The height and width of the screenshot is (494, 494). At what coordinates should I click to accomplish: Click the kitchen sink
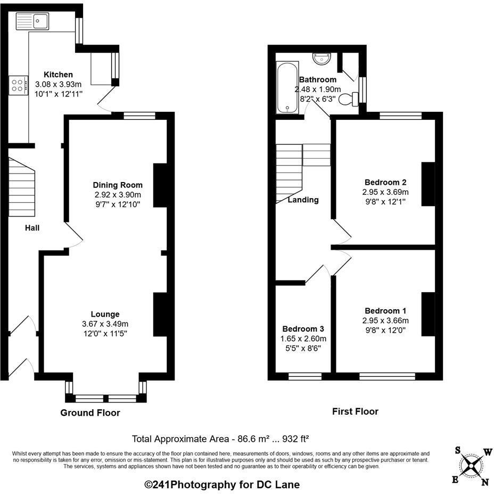coord(33,21)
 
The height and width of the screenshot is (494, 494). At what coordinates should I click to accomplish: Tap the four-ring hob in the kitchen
coord(17,85)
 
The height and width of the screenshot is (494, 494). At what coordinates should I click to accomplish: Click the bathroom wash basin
coord(322,58)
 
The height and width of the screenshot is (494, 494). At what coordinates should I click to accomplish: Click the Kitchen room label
coord(58,75)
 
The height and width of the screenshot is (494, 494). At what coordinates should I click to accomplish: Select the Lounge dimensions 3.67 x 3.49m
coord(105,324)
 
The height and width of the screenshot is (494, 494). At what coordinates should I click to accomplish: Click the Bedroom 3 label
coord(303,329)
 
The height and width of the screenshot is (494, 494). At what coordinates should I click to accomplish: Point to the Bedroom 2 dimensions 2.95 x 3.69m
coord(385,192)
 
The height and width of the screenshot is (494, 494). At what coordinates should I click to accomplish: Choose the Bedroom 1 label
coord(385,311)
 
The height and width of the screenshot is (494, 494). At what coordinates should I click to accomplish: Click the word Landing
coord(303,200)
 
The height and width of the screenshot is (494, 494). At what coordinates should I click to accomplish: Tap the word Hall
coord(32,228)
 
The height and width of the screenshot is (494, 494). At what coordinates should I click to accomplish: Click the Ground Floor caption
coord(90,413)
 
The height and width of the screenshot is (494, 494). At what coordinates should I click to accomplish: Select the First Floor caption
coord(355,411)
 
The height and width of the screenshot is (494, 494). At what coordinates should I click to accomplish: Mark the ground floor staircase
coord(22,186)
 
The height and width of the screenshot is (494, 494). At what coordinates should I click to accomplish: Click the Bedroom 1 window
coord(387,376)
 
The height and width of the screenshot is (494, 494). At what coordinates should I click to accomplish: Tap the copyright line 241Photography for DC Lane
coord(222,484)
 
